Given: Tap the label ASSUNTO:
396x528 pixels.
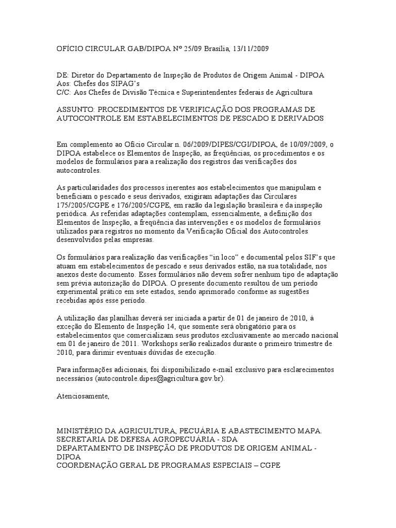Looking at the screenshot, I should click(x=75, y=110).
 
